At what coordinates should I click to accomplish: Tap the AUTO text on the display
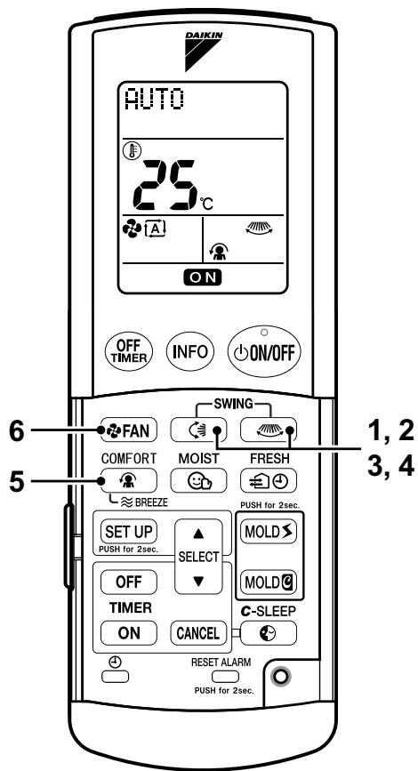point(155,100)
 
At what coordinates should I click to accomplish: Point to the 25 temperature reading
point(165,185)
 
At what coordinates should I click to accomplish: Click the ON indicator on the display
point(203,277)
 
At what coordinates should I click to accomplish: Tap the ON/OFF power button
point(264,352)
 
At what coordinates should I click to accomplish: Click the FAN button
point(128,430)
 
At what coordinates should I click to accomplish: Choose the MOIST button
point(198,480)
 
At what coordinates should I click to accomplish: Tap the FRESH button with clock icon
point(269,480)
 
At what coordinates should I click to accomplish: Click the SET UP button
point(129,532)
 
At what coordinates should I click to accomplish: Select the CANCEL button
point(198,633)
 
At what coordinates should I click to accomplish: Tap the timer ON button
point(129,633)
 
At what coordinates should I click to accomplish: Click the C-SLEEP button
point(269,633)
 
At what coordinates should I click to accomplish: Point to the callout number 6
point(18,431)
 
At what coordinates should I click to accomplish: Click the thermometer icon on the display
point(132,150)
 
